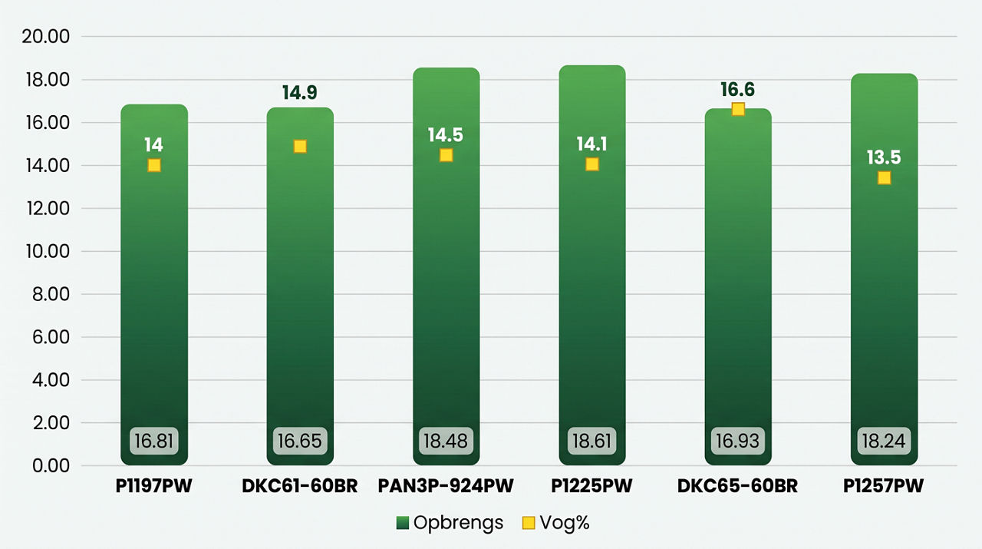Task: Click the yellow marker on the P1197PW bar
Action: coord(154,165)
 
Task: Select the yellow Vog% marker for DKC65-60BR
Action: coord(738,109)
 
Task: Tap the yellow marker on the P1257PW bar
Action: coord(884,177)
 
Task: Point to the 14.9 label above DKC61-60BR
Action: coord(299,93)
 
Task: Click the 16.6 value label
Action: coord(738,90)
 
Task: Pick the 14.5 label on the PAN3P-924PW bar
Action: coord(446,134)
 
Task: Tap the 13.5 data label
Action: coord(884,157)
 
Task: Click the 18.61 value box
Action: coord(592,441)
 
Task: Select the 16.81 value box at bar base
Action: coord(154,441)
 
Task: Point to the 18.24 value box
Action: coord(884,441)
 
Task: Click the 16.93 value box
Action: coord(738,441)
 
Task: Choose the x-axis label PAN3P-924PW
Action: coord(446,486)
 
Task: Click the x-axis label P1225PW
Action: coord(592,486)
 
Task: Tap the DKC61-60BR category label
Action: coord(300,486)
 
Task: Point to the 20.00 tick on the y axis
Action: coord(46,36)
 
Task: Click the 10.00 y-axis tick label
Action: coord(48,251)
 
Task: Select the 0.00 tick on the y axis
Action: coord(51,465)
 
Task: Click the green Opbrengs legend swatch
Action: coord(403,523)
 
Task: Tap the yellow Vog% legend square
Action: coord(529,523)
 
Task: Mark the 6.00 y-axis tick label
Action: coord(51,337)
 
